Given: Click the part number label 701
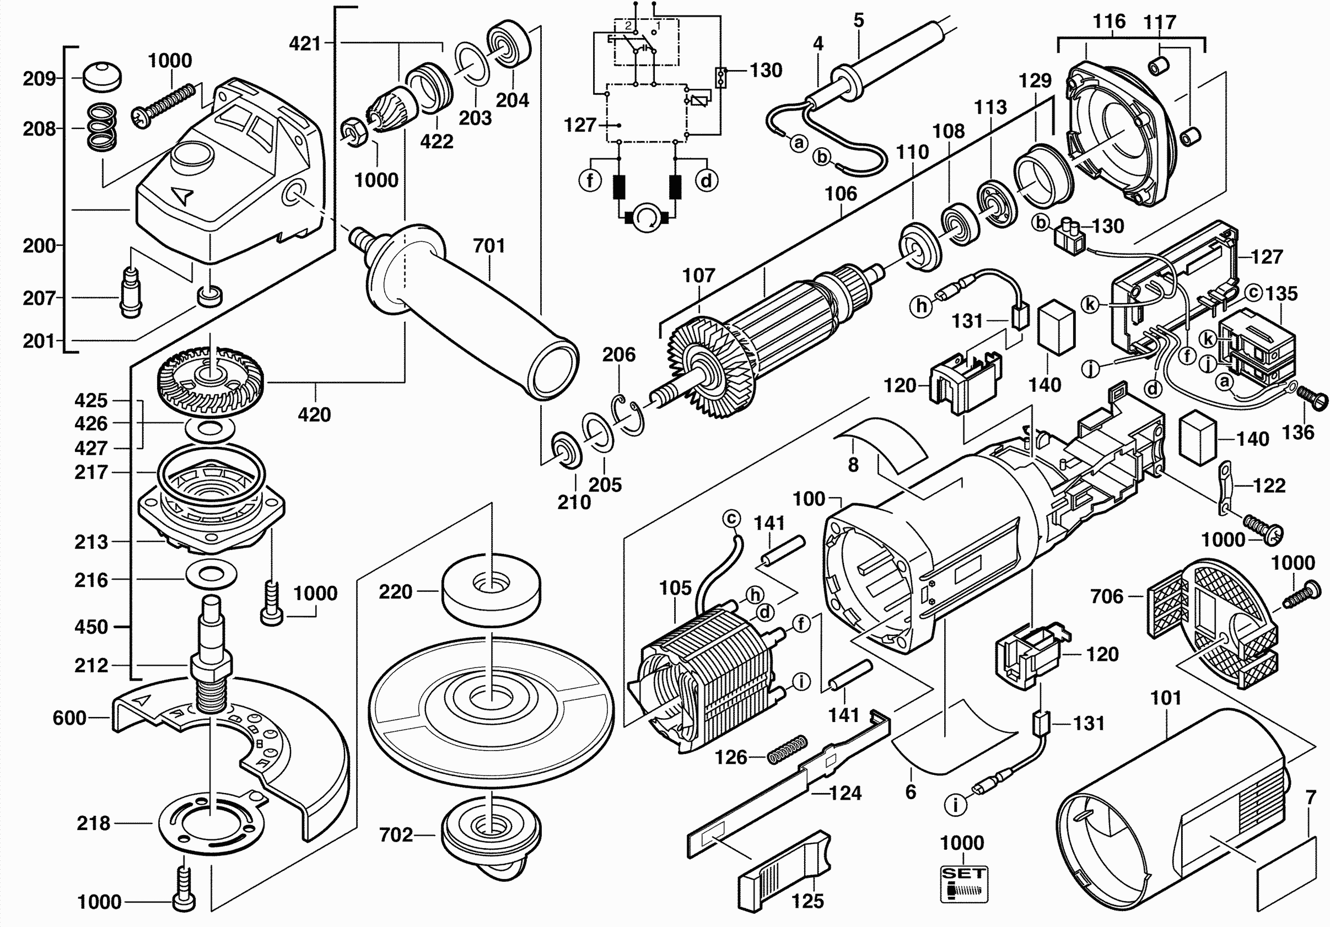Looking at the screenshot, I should (489, 246).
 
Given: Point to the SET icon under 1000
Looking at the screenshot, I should (963, 883).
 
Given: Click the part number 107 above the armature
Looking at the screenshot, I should (698, 275).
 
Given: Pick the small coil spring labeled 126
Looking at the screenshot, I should (787, 749).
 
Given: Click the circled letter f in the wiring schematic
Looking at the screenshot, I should (590, 181).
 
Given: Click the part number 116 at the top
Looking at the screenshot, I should (1109, 21).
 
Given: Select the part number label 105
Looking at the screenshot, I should (675, 588).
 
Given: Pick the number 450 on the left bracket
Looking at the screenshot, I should (91, 626).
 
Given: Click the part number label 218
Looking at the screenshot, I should (93, 823).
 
